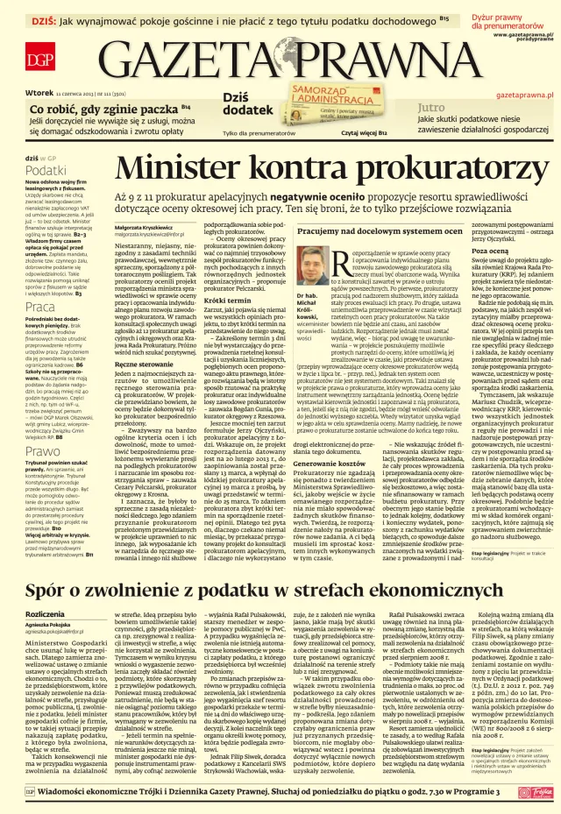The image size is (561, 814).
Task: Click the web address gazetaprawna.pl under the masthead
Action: (x=524, y=93)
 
